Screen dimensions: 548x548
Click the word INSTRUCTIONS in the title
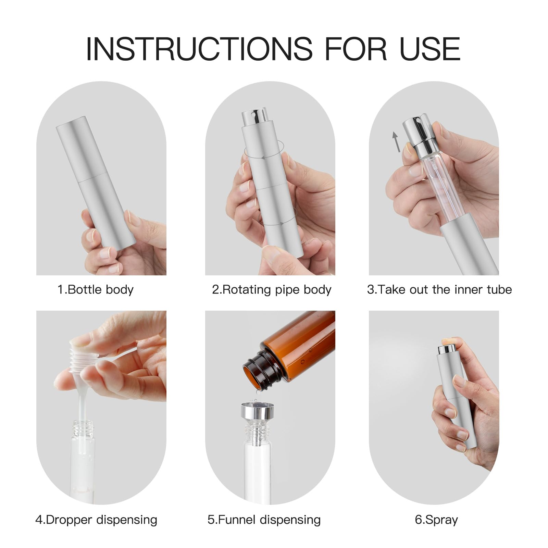coord(199,49)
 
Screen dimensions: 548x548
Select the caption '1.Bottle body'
coord(95,290)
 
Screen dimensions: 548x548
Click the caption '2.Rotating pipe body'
coord(272,290)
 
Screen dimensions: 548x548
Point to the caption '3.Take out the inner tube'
coord(439,290)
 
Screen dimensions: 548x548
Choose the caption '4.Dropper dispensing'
coord(96,520)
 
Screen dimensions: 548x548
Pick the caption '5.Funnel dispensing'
coord(264,520)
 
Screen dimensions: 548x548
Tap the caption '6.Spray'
coord(436,520)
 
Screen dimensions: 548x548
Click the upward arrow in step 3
coord(396,141)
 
